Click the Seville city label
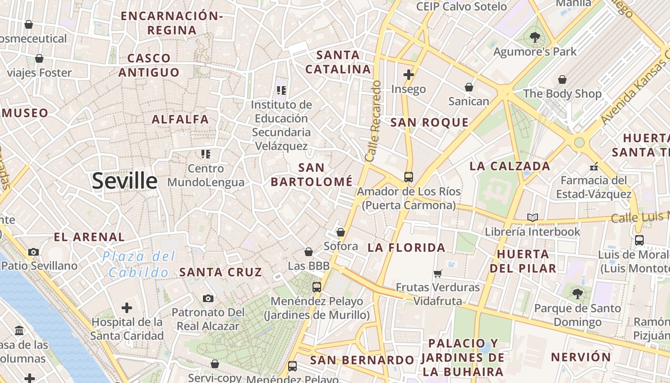tap(124, 181)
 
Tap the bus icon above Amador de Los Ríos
tap(409, 177)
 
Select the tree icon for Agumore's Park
tap(535, 36)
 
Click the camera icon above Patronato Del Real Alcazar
tap(208, 298)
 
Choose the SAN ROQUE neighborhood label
tap(429, 123)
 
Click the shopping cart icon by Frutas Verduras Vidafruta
tap(437, 273)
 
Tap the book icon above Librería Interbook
tap(533, 217)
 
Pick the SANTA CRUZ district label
tap(221, 272)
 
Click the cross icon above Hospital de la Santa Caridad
tap(127, 307)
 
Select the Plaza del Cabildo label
tap(139, 265)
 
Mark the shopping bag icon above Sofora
tap(341, 232)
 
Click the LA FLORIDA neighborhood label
tap(406, 248)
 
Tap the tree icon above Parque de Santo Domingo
tap(578, 293)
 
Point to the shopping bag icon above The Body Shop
tap(562, 79)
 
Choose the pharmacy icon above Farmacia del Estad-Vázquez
tap(594, 167)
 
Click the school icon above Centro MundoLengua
tap(206, 154)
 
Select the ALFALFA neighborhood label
tap(180, 119)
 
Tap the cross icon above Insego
tap(408, 75)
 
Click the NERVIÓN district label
tap(581, 357)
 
